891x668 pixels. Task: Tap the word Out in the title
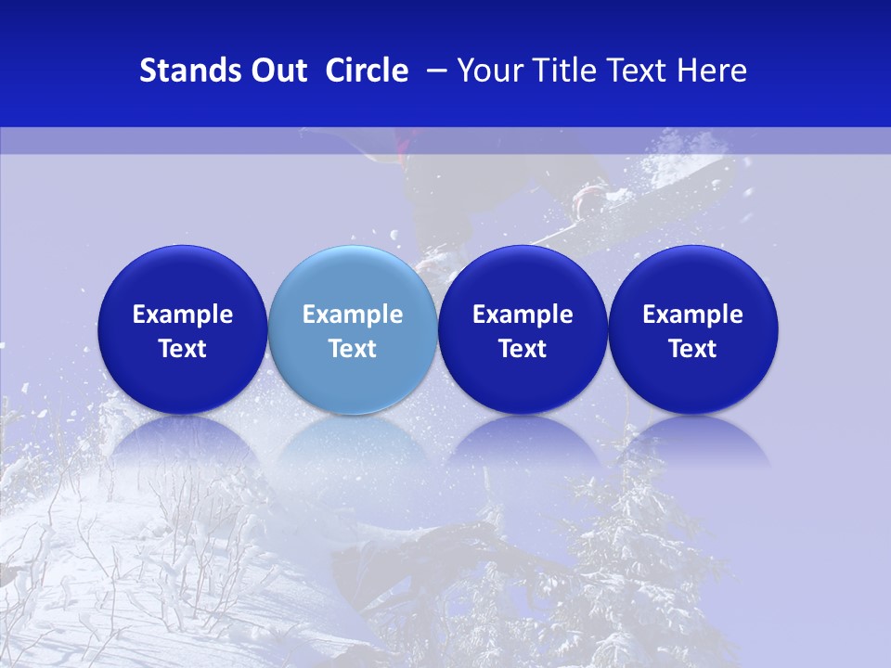tap(276, 71)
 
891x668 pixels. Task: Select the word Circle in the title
tap(367, 71)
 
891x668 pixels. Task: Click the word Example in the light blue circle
tap(353, 315)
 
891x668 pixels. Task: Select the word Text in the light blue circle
tap(353, 349)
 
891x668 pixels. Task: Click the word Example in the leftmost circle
tap(183, 315)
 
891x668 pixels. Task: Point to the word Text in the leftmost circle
tap(183, 349)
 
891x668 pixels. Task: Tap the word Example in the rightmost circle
tap(692, 315)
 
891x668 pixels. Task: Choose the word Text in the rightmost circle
tap(692, 349)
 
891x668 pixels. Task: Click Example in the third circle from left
tap(523, 315)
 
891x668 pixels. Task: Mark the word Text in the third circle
tap(523, 349)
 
